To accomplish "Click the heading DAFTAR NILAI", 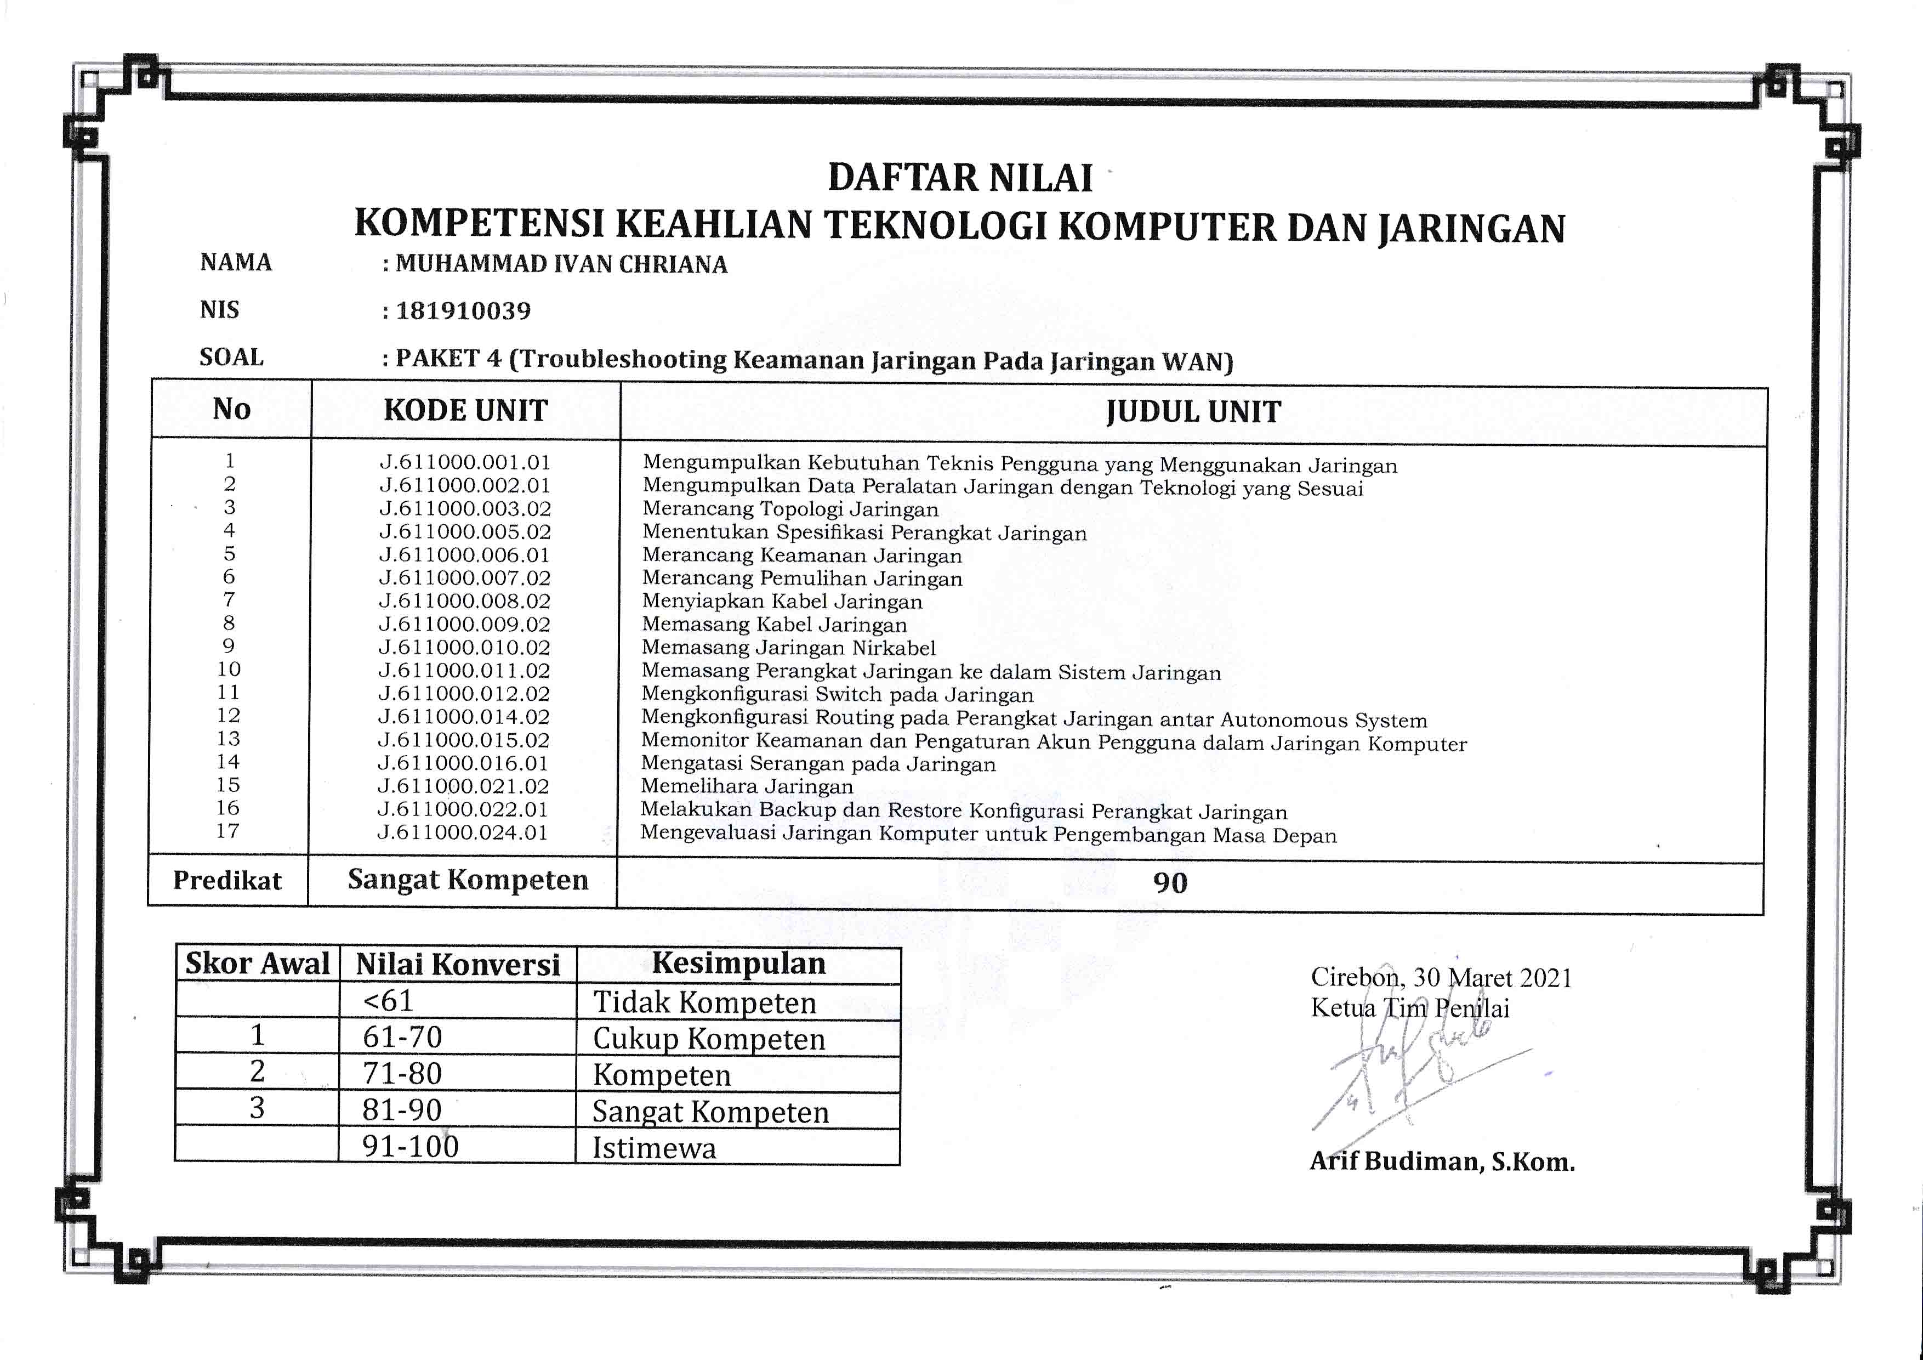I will tap(960, 178).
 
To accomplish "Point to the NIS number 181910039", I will tap(463, 311).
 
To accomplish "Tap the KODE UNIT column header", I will tap(465, 411).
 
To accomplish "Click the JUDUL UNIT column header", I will tap(1193, 412).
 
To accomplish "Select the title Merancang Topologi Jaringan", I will tap(790, 509).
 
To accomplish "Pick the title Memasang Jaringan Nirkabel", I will tap(788, 648).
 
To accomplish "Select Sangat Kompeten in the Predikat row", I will tap(468, 880).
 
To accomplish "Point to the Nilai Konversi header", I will tap(457, 965).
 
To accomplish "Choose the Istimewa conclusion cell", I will tap(654, 1148).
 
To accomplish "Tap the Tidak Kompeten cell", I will tap(704, 1002).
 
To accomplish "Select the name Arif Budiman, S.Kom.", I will tap(1441, 1161).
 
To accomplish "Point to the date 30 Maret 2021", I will tap(1493, 978).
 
